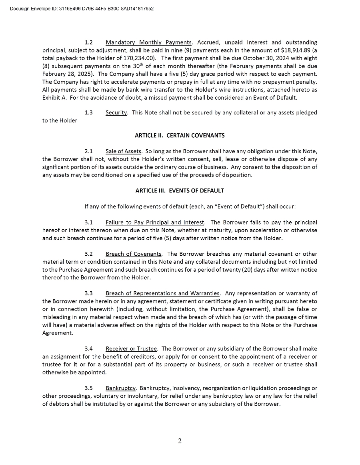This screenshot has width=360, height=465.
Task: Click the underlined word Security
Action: tap(116, 113)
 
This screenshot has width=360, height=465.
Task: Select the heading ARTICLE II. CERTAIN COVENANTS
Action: tap(180, 136)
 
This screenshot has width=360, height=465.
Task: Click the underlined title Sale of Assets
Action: tap(123, 151)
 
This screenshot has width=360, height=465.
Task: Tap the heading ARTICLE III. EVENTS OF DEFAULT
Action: tap(180, 191)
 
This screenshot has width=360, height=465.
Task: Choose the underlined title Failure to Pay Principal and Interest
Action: tap(155, 222)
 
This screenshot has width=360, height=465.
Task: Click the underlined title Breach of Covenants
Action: tap(134, 254)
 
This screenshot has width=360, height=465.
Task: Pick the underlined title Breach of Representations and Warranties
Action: tap(162, 294)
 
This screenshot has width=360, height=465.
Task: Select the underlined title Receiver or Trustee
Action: tap(131, 349)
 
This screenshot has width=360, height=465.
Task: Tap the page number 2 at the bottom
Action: tap(180, 441)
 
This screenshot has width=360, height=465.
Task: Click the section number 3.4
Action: tap(89, 349)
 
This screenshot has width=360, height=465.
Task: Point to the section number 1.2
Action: tap(89, 42)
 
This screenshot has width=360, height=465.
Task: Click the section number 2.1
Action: tap(89, 151)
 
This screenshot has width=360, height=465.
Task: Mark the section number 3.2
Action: tap(89, 254)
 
